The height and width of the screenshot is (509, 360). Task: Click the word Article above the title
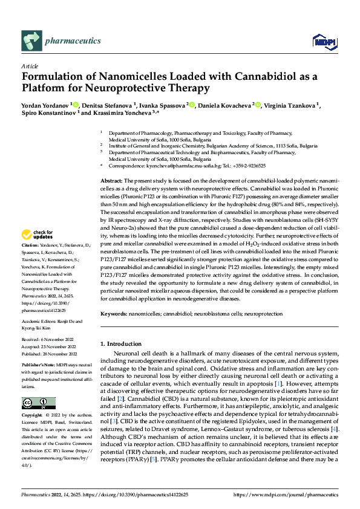pos(30,66)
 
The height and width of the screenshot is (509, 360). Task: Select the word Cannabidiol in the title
pos(255,77)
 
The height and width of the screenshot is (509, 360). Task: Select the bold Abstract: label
pos(111,181)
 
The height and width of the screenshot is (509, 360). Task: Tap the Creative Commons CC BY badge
pos(38,403)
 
